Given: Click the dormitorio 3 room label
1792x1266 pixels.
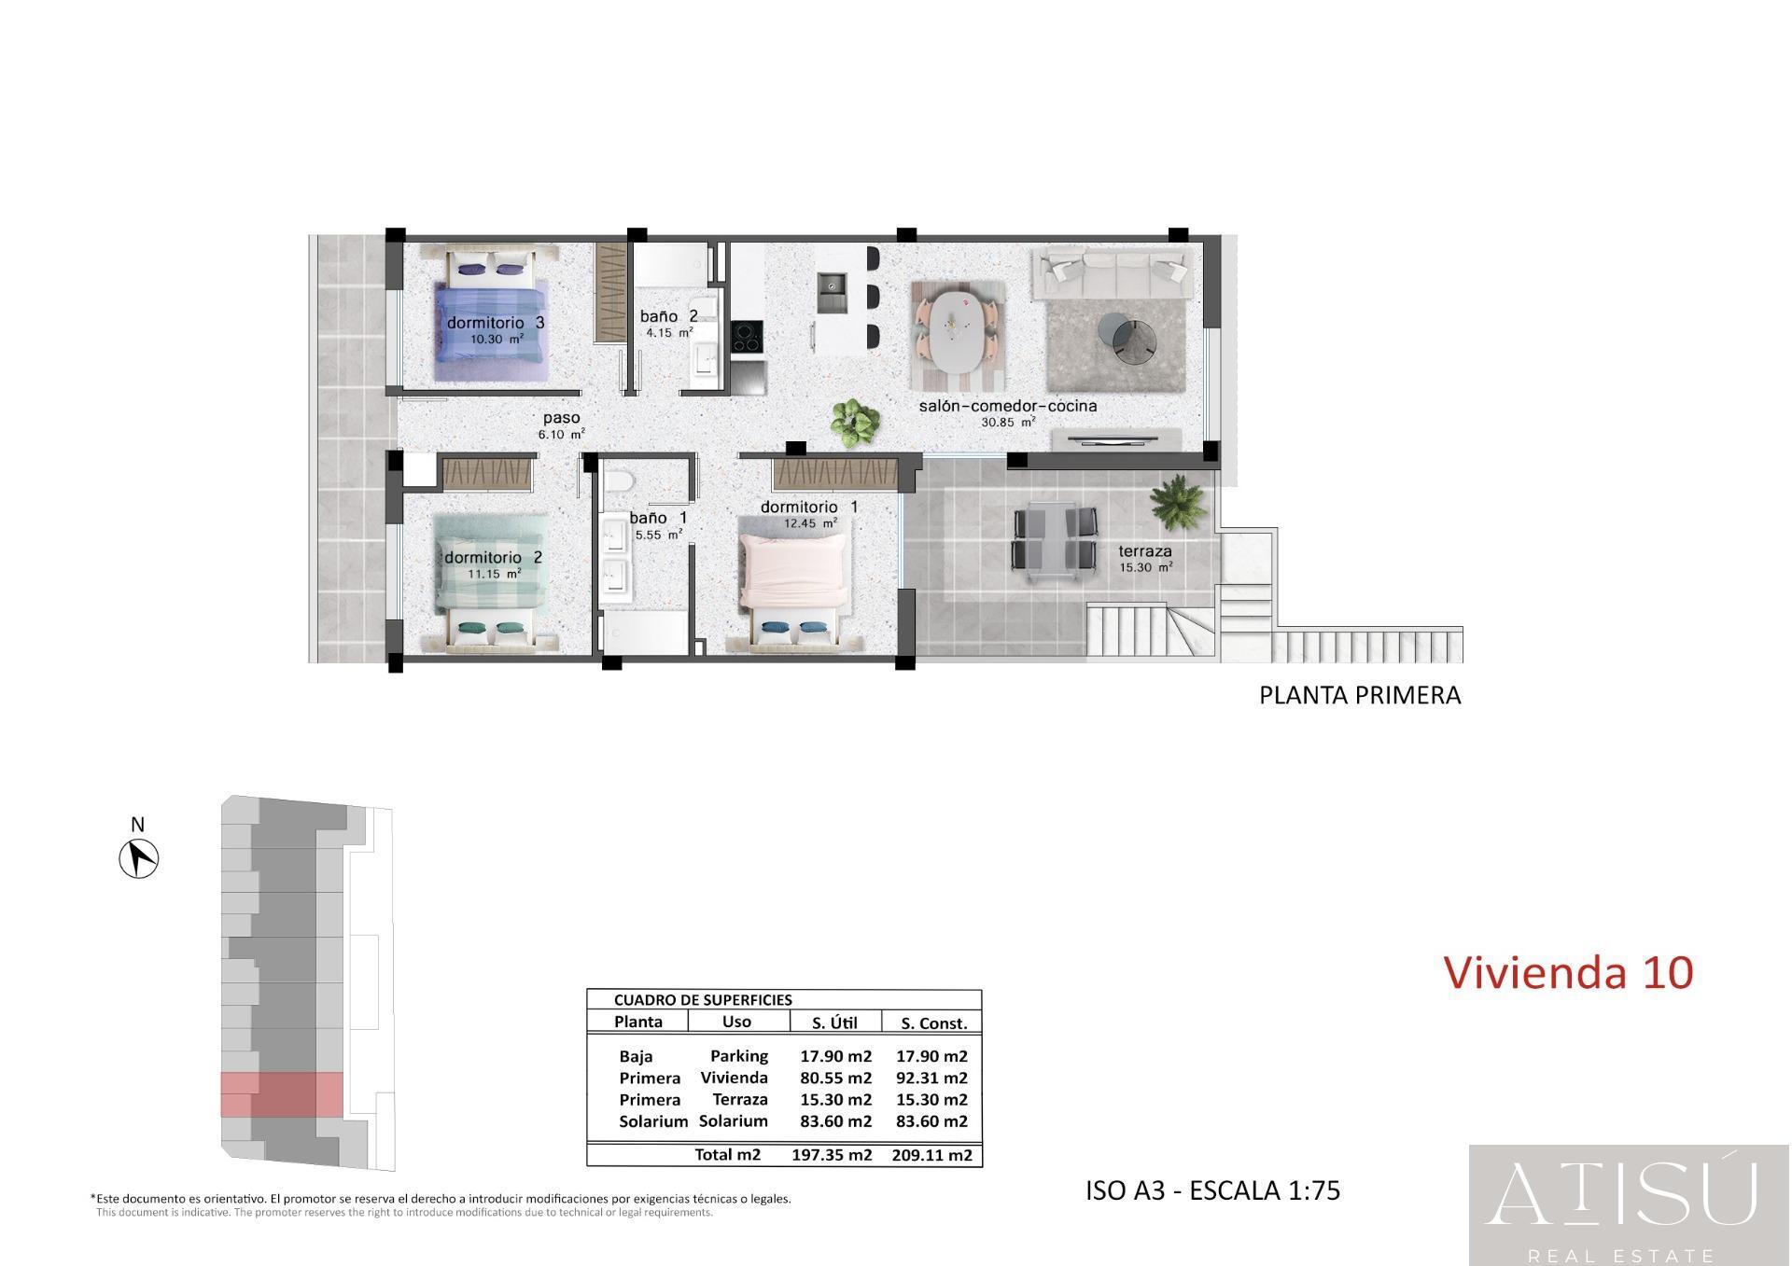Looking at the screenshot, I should click(495, 323).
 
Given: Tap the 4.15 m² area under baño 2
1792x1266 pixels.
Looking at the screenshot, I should click(669, 332).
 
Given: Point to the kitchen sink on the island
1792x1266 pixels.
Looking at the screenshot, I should click(831, 293).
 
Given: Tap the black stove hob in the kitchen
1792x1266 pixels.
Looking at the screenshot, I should click(746, 337).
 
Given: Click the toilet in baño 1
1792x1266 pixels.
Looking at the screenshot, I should click(618, 480).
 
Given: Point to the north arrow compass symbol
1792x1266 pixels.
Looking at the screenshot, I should click(139, 857).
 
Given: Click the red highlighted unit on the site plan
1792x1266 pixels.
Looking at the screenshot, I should click(283, 1094).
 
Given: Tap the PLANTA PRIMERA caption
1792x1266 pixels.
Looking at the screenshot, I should click(1359, 696).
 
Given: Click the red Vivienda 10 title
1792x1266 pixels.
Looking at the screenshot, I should click(1568, 972).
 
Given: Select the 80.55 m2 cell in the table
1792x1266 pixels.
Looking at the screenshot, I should click(835, 1078).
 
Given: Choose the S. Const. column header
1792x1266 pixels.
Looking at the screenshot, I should click(933, 1023).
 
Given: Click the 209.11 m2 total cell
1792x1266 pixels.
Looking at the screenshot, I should click(931, 1155).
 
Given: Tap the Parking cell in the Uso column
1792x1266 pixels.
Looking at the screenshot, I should click(738, 1056).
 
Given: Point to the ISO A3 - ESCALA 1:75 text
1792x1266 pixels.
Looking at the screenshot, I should click(1212, 1190).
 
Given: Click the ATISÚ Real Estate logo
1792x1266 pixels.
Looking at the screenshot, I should click(1629, 1204).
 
